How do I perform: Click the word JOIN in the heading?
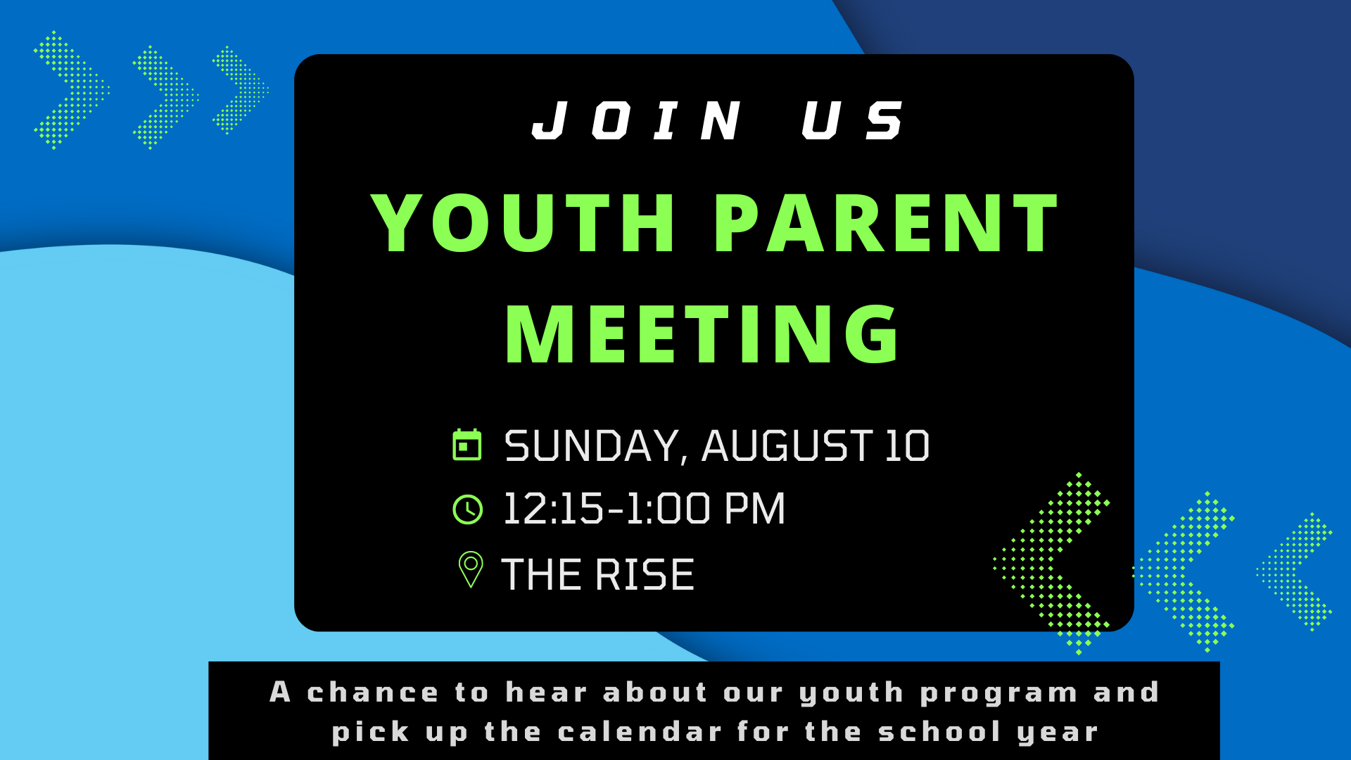pos(638,120)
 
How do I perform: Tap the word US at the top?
pos(853,120)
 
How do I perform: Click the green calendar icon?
pos(467,444)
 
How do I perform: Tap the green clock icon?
pos(467,509)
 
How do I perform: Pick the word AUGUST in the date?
pos(787,446)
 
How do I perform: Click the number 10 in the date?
pos(907,446)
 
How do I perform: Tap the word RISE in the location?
pos(645,574)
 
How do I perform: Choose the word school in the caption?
pos(940,732)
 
